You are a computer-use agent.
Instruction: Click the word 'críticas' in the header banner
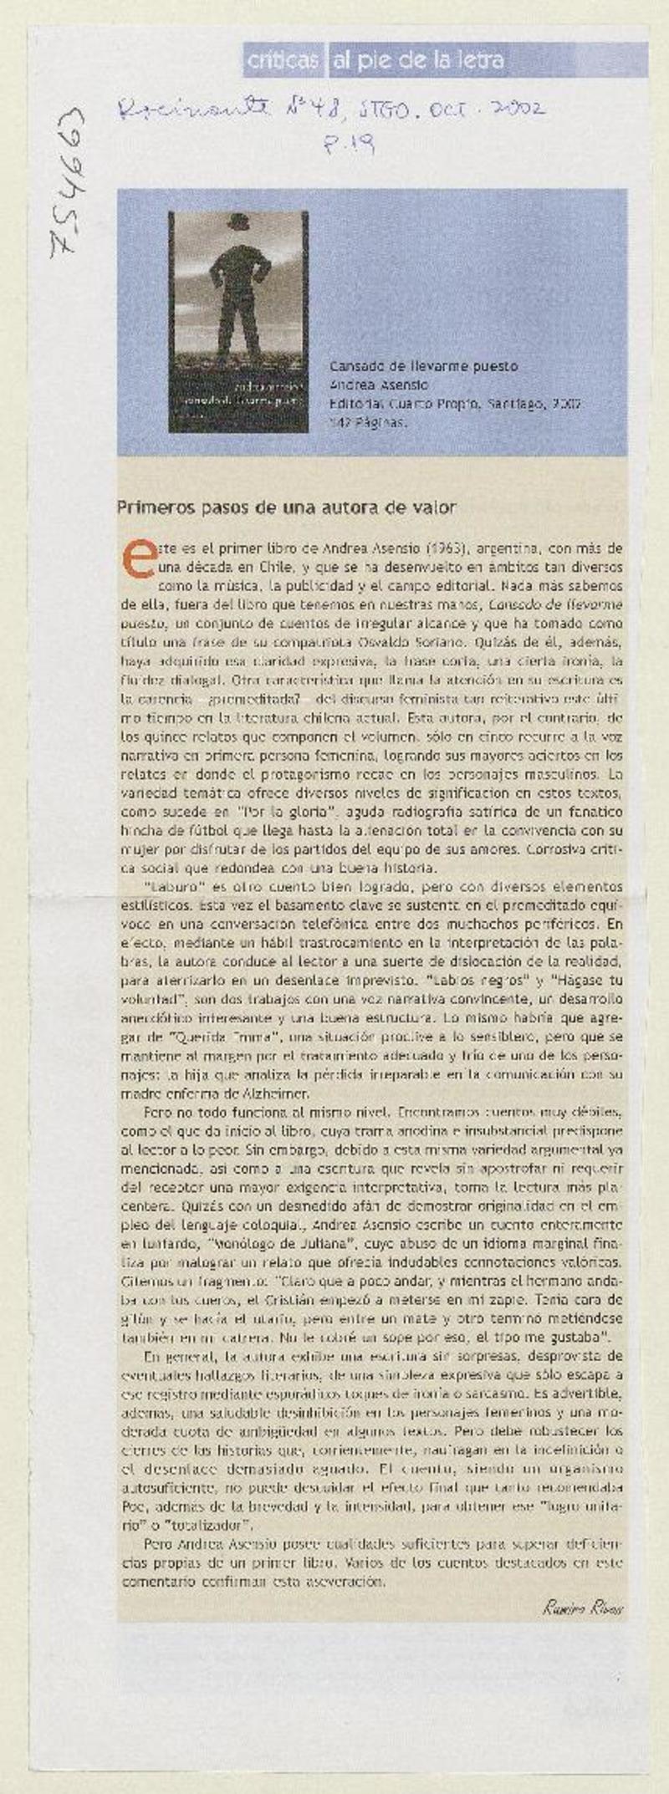pyautogui.click(x=283, y=61)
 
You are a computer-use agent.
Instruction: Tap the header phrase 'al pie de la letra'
pyautogui.click(x=418, y=61)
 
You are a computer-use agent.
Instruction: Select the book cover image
pyautogui.click(x=238, y=322)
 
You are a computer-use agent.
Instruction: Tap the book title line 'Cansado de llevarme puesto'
pyautogui.click(x=423, y=366)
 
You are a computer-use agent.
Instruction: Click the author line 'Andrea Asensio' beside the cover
pyautogui.click(x=378, y=385)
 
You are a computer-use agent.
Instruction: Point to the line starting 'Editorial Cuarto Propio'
pyautogui.click(x=455, y=405)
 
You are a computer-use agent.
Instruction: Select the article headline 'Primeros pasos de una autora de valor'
pyautogui.click(x=286, y=507)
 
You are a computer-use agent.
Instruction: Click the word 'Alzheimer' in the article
pyautogui.click(x=278, y=1093)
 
